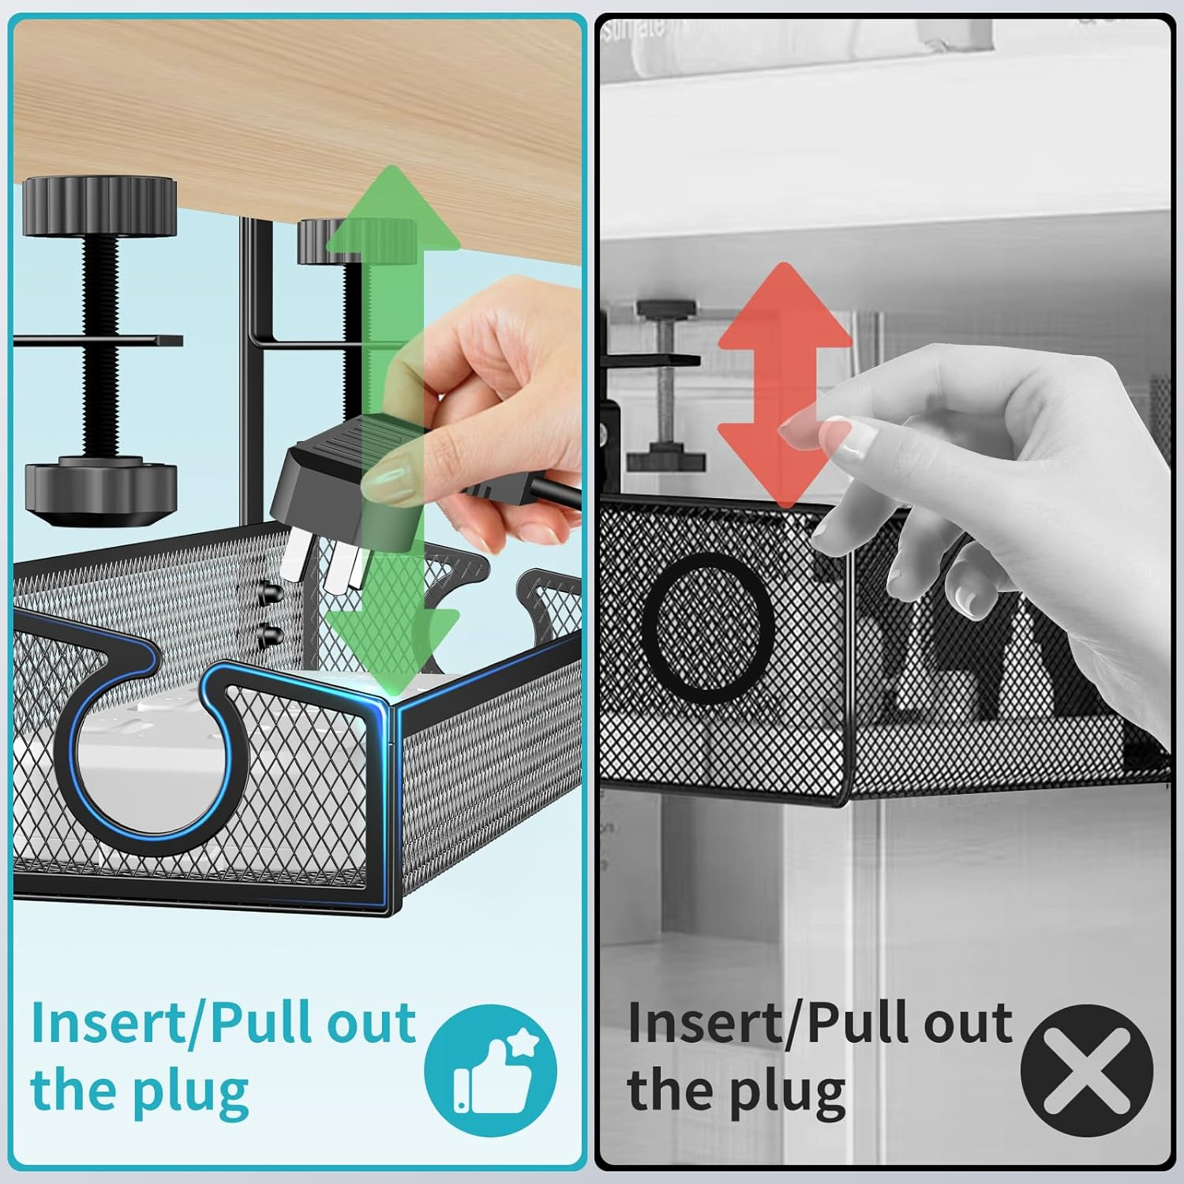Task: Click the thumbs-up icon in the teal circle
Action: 491,1070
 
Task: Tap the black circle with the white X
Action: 1086,1070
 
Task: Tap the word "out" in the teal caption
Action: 371,1023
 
